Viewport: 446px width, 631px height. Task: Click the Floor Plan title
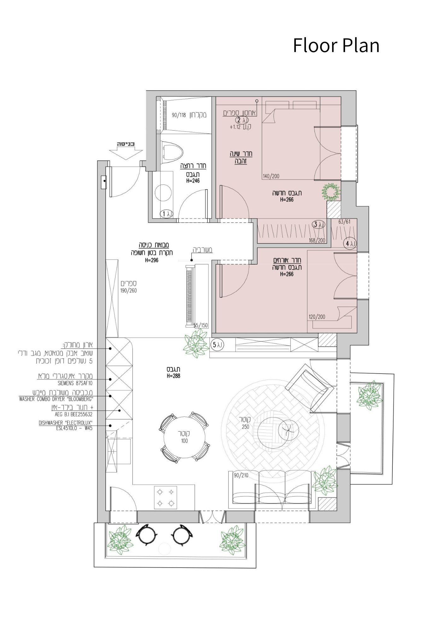tap(336, 45)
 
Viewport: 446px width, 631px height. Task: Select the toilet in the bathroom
tap(172, 152)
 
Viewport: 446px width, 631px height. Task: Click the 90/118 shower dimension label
tap(179, 115)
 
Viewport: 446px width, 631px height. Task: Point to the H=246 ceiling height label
tap(193, 181)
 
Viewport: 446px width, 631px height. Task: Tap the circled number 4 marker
tap(350, 244)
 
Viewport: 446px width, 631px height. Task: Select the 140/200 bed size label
tap(271, 176)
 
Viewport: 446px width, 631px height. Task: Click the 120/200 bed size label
tap(317, 316)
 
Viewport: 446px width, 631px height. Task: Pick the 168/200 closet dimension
tap(317, 240)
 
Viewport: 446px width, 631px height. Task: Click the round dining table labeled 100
tap(185, 437)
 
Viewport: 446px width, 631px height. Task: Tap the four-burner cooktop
tap(166, 498)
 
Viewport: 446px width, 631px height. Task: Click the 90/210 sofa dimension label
tap(241, 475)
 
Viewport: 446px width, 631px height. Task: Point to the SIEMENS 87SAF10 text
tap(75, 383)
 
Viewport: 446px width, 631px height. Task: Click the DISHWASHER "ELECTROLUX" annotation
tap(66, 423)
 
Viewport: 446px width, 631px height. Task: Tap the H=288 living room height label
tap(173, 376)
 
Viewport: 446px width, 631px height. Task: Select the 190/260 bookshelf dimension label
tap(128, 291)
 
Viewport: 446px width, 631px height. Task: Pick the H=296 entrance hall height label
tap(152, 260)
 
